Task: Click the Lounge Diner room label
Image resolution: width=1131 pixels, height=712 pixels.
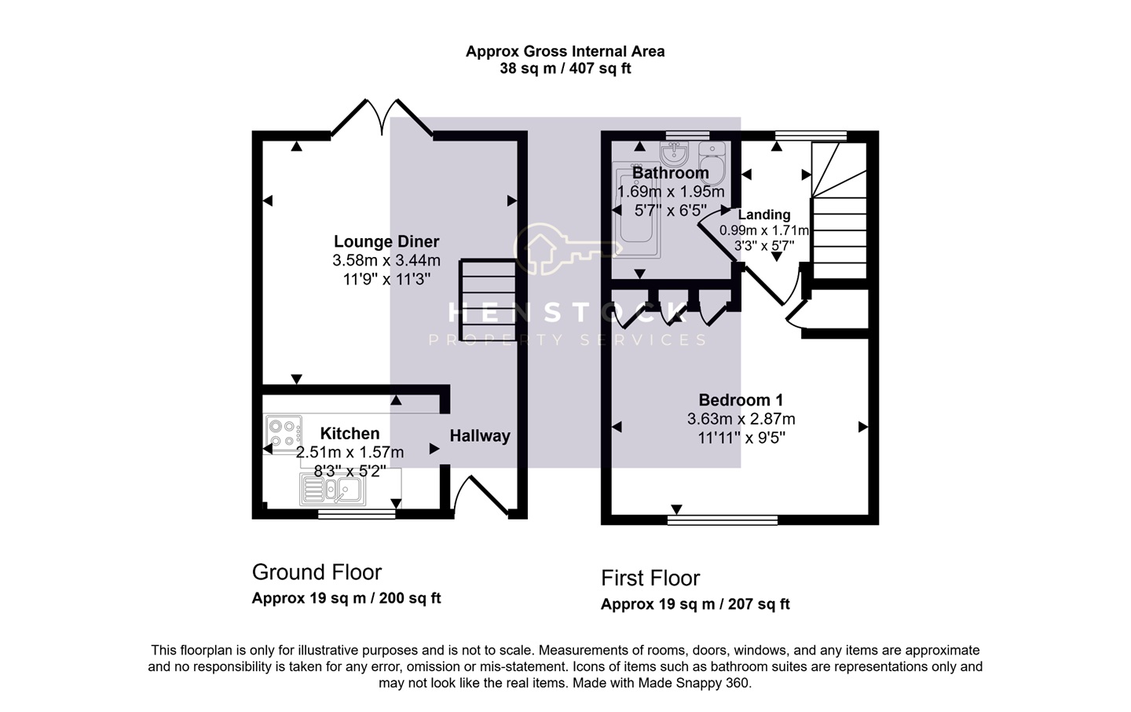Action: point(386,241)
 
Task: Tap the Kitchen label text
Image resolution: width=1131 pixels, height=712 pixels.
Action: point(350,434)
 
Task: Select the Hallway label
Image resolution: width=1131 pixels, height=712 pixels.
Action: point(480,436)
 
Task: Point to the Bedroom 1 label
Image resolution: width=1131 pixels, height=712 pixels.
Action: point(741,400)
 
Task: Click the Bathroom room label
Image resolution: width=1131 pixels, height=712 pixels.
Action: point(671,173)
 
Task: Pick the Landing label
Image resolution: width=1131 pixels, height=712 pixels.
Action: point(764,215)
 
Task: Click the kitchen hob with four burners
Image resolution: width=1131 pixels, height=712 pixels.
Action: point(284,434)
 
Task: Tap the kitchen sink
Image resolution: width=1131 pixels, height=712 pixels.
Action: point(333,489)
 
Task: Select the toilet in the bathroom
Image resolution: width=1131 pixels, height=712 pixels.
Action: point(712,162)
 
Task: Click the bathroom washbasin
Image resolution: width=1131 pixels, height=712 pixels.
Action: point(675,153)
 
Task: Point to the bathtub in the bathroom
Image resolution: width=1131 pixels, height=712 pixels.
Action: point(636,210)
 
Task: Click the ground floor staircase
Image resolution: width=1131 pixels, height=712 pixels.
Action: point(488,299)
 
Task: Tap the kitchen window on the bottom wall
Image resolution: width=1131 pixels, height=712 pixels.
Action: point(357,514)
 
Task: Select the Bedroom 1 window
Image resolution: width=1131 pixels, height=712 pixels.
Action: point(723,519)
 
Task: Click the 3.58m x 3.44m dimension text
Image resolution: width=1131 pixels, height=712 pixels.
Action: point(386,260)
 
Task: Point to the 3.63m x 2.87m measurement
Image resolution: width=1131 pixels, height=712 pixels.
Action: point(741,419)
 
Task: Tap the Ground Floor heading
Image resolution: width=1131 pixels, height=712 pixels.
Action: point(317,572)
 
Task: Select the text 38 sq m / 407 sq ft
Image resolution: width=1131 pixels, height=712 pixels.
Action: point(565,68)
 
